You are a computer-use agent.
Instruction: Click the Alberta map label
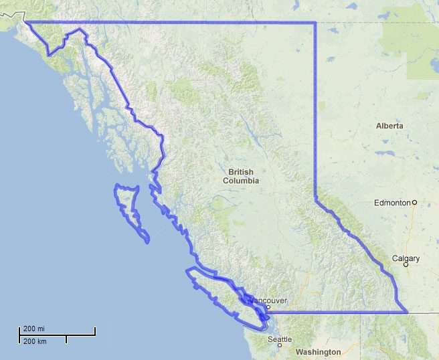389,126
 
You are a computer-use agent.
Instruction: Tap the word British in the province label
241,172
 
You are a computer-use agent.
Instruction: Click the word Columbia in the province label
241,181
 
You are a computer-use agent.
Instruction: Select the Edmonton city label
392,202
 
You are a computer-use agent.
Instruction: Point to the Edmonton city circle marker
414,202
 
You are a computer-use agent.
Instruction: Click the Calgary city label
406,258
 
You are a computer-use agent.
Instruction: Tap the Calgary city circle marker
406,264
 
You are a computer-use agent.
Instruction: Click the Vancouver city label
268,300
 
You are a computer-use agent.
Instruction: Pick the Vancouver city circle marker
268,308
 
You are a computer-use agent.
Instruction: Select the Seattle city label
280,339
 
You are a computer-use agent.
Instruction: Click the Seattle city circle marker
280,345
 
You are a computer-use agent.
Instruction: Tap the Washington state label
318,352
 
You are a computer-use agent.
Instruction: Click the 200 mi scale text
34,329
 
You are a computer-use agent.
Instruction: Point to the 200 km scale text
34,341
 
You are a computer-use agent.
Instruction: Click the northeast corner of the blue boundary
315,23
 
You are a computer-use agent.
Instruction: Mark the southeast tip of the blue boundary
407,312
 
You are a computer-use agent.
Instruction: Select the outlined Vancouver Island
217,291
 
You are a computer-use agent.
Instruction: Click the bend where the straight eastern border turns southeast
315,199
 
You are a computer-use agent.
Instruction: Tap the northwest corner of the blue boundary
26,23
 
